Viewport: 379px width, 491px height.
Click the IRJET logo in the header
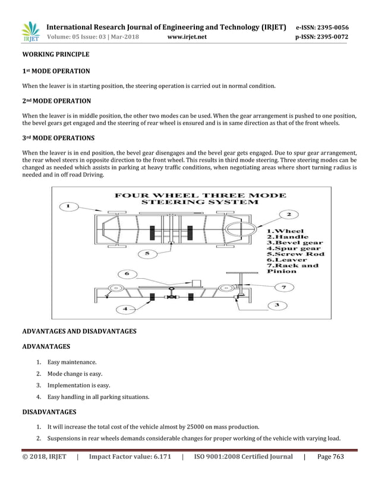pyautogui.click(x=30, y=32)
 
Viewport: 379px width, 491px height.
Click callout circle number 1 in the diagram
pyautogui.click(x=69, y=207)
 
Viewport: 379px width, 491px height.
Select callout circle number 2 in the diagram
pyautogui.click(x=289, y=214)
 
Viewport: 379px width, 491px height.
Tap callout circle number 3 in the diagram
pyautogui.click(x=277, y=305)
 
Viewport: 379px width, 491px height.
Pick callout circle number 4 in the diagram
pyautogui.click(x=125, y=309)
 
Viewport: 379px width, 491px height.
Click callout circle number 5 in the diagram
pyautogui.click(x=147, y=254)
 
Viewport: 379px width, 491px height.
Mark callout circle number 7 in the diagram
pyautogui.click(x=283, y=287)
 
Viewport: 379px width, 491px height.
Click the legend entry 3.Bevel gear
pyautogui.click(x=295, y=243)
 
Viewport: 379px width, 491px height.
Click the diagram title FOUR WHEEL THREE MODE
pyautogui.click(x=200, y=195)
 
